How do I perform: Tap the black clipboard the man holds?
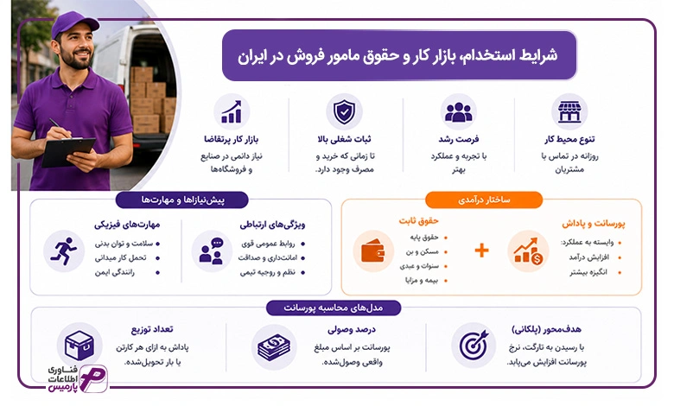click(68, 152)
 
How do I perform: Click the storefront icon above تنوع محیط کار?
click(569, 111)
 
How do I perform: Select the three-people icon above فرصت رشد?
click(458, 112)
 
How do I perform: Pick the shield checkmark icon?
click(344, 111)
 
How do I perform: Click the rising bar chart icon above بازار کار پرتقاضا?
click(232, 111)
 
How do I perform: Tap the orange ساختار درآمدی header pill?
click(484, 200)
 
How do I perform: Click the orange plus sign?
click(482, 250)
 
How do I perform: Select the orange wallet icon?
click(373, 251)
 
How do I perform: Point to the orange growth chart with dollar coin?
click(528, 251)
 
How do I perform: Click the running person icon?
click(64, 251)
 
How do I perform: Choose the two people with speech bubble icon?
click(212, 251)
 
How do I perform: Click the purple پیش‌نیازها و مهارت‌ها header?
click(182, 200)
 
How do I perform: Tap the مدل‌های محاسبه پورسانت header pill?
click(334, 308)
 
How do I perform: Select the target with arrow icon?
click(474, 345)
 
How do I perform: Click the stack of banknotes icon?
click(274, 347)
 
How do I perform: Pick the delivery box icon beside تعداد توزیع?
click(79, 345)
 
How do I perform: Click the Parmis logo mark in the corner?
click(93, 378)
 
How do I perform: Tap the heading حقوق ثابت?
click(419, 221)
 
